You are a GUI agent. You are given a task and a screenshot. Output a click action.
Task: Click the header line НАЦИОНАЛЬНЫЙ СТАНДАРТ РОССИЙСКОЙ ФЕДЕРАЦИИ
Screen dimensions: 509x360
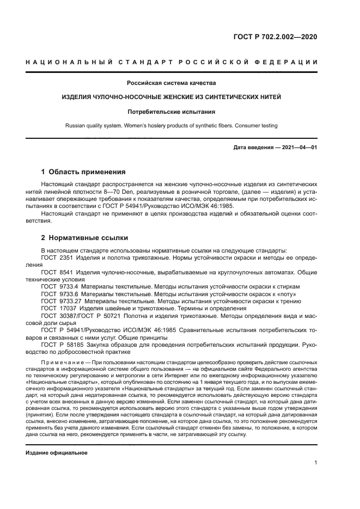pyautogui.click(x=172, y=62)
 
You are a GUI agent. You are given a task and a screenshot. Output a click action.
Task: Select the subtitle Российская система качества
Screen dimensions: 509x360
pyautogui.click(x=172, y=83)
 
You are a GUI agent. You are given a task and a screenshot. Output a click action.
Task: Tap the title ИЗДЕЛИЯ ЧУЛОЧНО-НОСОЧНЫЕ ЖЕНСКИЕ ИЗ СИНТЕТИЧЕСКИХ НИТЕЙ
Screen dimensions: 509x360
pyautogui.click(x=172, y=97)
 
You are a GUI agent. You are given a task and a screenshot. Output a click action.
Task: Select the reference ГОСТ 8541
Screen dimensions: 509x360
pyautogui.click(x=56, y=271)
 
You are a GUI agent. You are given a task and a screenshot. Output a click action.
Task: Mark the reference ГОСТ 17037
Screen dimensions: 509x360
pyautogui.click(x=58, y=307)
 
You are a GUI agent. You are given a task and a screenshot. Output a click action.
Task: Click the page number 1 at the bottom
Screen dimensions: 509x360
pyautogui.click(x=315, y=463)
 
